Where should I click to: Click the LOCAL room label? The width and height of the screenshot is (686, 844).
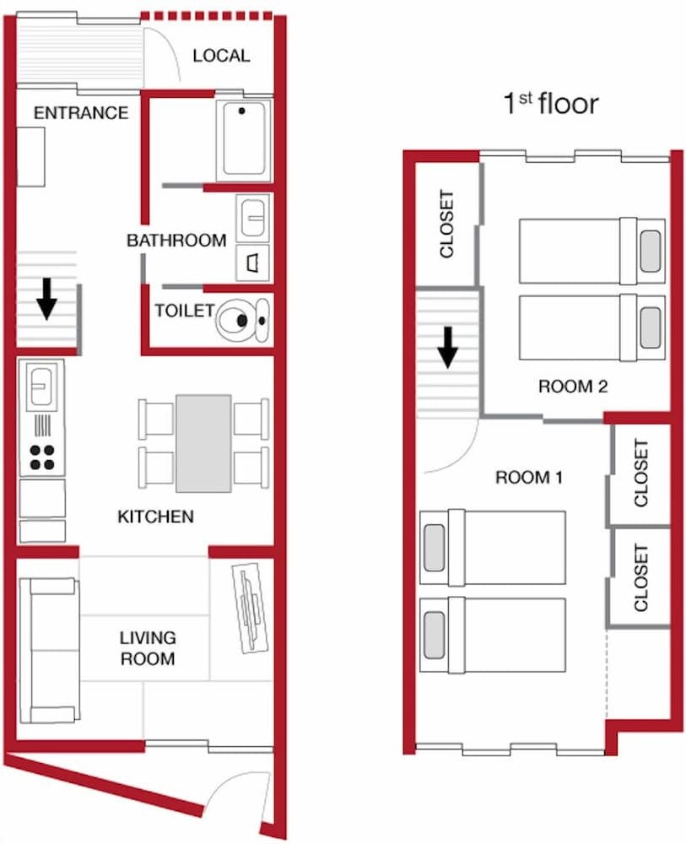221,56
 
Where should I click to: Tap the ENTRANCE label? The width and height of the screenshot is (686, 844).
81,113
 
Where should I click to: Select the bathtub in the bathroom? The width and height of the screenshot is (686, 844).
244,139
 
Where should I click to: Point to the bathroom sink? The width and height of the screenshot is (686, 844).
252,218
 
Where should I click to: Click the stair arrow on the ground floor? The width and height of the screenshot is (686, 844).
47,298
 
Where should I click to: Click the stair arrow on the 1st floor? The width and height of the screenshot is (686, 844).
447,346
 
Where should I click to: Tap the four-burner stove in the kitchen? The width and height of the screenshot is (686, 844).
41,456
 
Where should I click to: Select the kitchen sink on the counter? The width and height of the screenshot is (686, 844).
41,387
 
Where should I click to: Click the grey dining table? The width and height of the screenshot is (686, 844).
203,443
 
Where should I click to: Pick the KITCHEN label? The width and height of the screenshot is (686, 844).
155,517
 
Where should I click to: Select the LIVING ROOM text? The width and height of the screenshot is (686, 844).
147,648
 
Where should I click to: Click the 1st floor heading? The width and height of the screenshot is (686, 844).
550,104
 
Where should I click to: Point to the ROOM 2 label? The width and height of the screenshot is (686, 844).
573,387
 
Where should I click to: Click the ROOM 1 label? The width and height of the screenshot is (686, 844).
528,478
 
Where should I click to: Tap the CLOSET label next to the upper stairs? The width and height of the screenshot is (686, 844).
447,224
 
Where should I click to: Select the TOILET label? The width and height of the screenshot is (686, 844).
184,311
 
